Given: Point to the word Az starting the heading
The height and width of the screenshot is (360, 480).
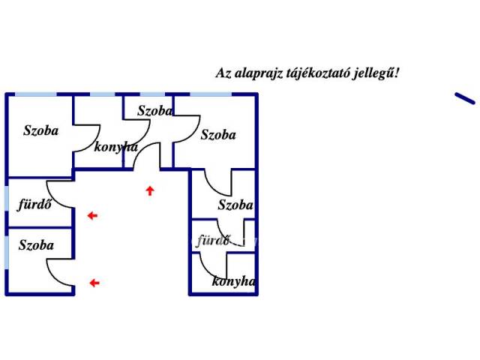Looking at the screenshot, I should tap(223, 73).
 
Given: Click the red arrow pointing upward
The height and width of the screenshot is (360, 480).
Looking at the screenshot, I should tap(150, 190).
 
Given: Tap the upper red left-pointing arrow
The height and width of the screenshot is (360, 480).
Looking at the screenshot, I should tap(92, 216).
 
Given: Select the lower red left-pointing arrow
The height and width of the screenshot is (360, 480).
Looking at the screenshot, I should tap(94, 283).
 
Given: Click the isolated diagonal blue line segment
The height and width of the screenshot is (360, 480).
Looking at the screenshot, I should tap(465, 98).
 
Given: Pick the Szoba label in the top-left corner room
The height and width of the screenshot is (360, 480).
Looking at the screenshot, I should tap(40, 130).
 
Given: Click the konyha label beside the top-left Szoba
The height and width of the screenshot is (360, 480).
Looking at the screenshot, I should tap(116, 147).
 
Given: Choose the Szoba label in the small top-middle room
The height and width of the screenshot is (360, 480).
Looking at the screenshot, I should tap(155, 111).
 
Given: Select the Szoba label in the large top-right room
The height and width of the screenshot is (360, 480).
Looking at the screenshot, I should tap(218, 135).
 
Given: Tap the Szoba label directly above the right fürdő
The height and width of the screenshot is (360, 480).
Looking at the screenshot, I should tap(235, 205).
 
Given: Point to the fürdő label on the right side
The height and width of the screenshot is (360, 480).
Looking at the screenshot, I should tap(212, 241).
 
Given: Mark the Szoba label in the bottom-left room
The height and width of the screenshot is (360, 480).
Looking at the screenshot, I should tap(36, 244).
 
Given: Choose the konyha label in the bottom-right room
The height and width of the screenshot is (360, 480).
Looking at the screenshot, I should tap(233, 282).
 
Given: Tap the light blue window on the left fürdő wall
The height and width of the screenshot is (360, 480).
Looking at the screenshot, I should tap(7, 201).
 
